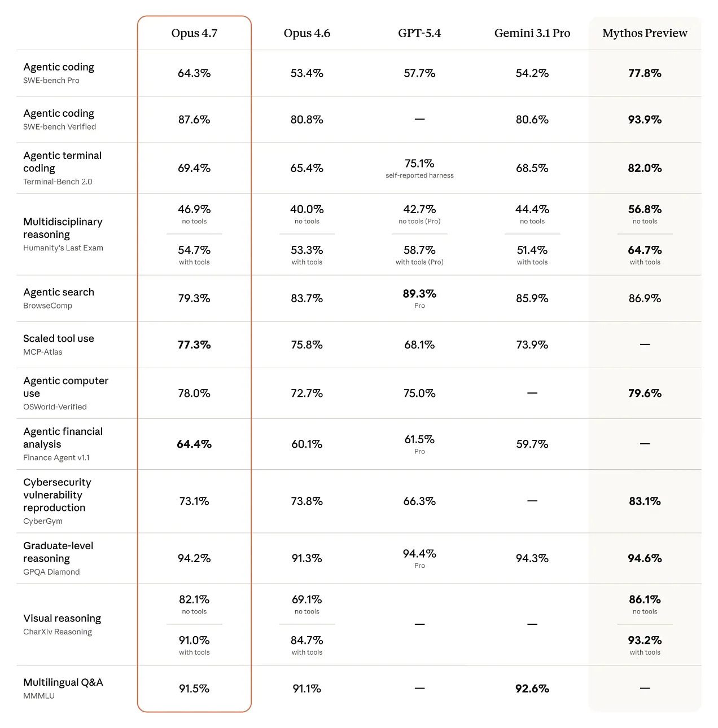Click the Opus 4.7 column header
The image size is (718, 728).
194,33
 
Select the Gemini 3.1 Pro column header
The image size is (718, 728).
532,33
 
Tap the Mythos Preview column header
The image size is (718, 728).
645,33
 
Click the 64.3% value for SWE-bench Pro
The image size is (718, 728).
194,73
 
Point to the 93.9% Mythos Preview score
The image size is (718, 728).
645,120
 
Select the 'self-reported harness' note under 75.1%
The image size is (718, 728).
419,175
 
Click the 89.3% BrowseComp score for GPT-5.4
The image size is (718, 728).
419,294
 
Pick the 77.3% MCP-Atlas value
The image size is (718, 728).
194,345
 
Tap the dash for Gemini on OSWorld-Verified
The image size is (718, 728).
532,393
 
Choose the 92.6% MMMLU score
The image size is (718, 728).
532,689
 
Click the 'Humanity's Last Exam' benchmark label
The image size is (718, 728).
63,248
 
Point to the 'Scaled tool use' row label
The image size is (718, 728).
59,338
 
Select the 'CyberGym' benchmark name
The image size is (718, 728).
43,521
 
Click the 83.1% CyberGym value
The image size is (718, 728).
645,501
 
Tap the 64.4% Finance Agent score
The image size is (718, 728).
194,444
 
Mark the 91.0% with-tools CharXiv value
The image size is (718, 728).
194,641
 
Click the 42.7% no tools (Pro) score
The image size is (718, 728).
419,210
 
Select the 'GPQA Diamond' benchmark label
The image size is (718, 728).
51,572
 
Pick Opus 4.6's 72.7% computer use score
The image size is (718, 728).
307,394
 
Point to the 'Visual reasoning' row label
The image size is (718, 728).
62,619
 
